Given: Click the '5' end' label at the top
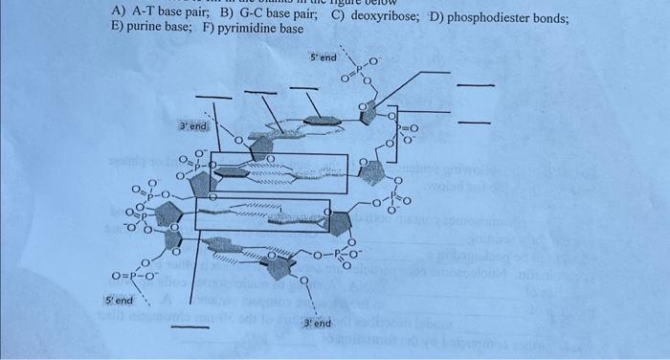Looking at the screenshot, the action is click(324, 58).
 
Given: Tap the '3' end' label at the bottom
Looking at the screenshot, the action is click(318, 324).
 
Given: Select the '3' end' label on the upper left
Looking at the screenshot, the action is click(192, 126).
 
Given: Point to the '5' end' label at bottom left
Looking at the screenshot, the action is click(119, 301).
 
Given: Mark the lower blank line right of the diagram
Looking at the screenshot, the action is click(477, 124).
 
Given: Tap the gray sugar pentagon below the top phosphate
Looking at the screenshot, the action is click(368, 114).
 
